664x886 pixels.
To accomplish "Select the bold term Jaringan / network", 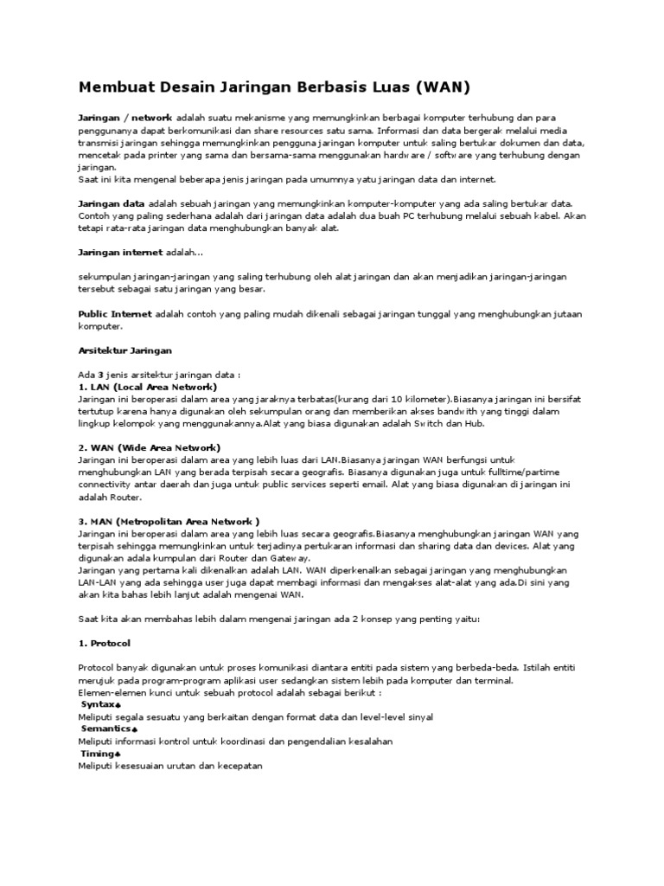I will [125, 118].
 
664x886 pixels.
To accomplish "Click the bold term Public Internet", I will [115, 313].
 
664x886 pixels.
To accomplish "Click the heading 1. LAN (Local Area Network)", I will [147, 387].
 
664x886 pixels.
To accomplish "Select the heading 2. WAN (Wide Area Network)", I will [149, 447].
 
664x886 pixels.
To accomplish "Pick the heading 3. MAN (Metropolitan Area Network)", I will [169, 522].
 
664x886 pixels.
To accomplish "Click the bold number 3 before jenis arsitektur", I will [100, 375].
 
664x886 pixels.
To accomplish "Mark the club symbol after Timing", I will [118, 754].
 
